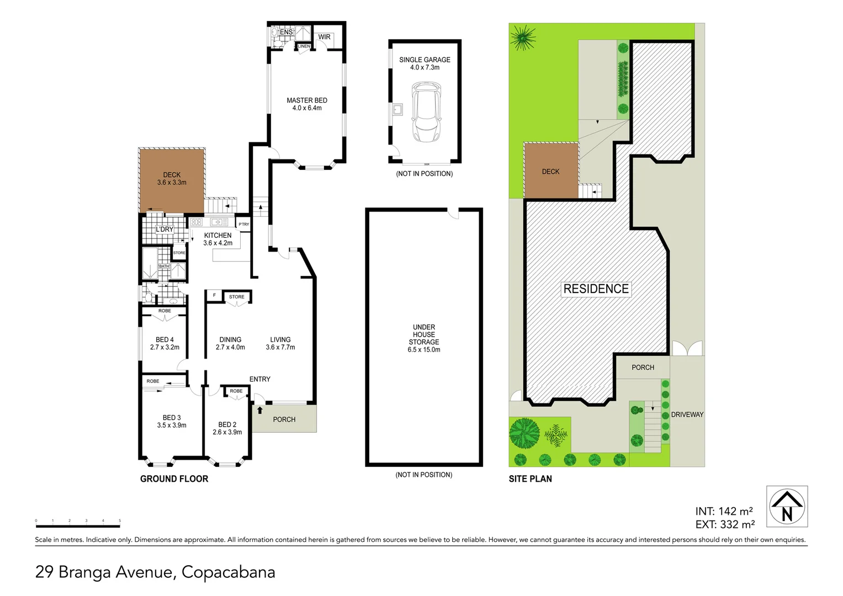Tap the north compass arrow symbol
pyautogui.click(x=787, y=506)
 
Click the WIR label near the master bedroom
pyautogui.click(x=324, y=37)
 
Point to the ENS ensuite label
pyautogui.click(x=286, y=32)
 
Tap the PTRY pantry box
pyautogui.click(x=243, y=224)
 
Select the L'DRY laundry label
pyautogui.click(x=165, y=229)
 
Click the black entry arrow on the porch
pyautogui.click(x=259, y=410)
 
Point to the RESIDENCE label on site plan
pyautogui.click(x=596, y=289)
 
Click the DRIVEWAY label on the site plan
pyautogui.click(x=687, y=414)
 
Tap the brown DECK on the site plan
pyautogui.click(x=550, y=172)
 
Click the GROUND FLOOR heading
pyautogui.click(x=174, y=478)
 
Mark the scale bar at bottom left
pyautogui.click(x=78, y=521)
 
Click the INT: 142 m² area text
pyautogui.click(x=724, y=511)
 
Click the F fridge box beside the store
pyautogui.click(x=214, y=296)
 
